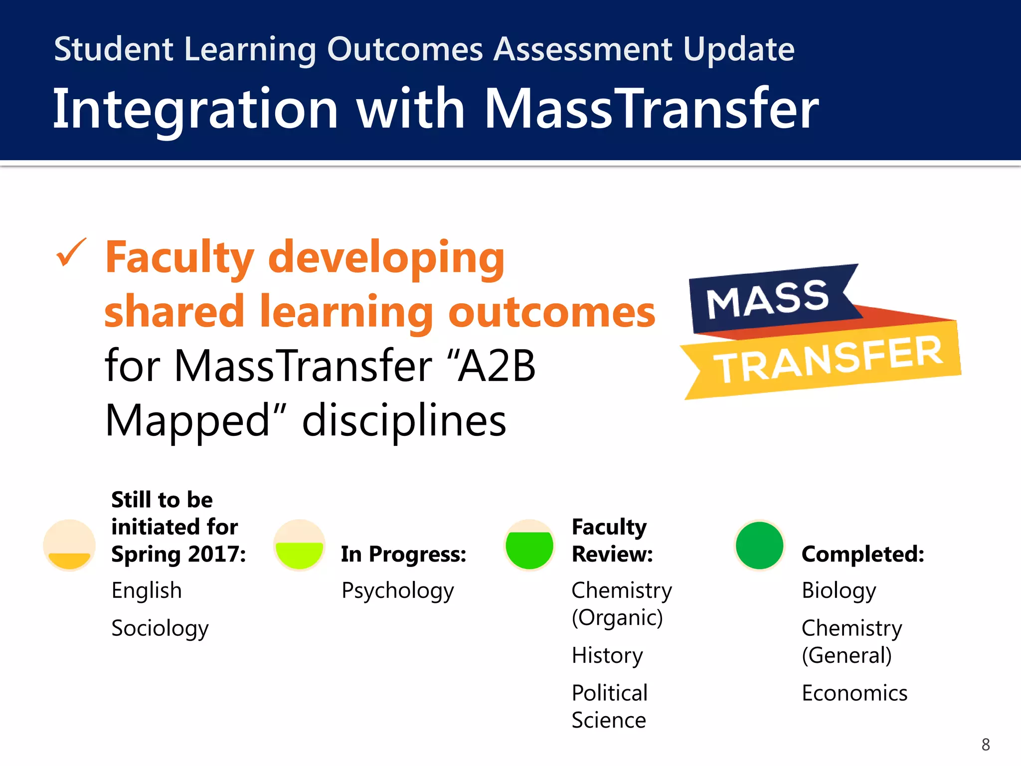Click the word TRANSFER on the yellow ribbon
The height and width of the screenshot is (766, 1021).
tap(830, 359)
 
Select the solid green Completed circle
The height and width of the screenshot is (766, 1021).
tap(759, 545)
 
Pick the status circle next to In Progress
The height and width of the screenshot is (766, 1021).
tap(299, 545)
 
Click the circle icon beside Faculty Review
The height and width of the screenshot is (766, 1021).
tap(529, 545)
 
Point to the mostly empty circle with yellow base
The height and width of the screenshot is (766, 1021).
tap(69, 545)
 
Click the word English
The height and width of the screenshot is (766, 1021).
tap(147, 590)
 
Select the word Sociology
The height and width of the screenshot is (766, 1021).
tap(160, 628)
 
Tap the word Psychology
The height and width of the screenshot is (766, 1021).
tap(397, 591)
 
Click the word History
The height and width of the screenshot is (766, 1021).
tap(607, 655)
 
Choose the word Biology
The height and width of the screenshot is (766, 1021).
tap(839, 591)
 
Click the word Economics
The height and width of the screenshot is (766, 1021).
tap(854, 693)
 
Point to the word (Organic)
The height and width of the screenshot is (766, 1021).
tap(617, 618)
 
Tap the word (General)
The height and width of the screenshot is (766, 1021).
tap(847, 655)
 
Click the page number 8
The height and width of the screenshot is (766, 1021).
tap(985, 745)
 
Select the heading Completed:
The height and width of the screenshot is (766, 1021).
tap(863, 554)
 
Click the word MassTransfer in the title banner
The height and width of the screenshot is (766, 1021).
tap(651, 108)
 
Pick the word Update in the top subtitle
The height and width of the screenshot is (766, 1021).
tap(738, 50)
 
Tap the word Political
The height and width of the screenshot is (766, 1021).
tap(609, 693)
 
